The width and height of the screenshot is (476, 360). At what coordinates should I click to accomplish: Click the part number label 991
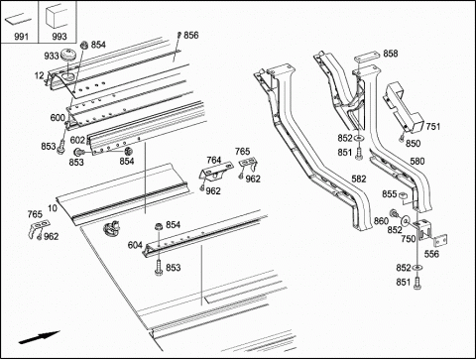point(21,37)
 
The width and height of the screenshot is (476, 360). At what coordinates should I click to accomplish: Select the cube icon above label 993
point(57,17)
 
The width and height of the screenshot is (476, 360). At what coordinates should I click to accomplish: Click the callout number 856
point(191,35)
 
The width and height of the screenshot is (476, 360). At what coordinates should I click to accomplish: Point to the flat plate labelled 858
point(366,58)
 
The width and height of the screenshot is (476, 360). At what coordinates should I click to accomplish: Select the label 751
point(433,126)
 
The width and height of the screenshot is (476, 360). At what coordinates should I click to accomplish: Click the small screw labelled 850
point(402,138)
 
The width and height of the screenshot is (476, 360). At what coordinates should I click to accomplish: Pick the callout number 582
point(359,179)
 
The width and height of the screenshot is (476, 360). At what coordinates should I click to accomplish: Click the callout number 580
point(417,162)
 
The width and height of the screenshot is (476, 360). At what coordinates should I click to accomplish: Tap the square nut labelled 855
point(402,195)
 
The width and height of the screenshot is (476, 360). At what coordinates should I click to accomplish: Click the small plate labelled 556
point(440,241)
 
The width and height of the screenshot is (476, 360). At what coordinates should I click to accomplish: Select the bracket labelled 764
point(215,172)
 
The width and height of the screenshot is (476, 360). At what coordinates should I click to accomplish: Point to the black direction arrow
point(39,337)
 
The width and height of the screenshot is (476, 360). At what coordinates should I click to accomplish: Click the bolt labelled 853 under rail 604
point(159,267)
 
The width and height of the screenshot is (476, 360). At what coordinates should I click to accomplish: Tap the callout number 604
point(135,245)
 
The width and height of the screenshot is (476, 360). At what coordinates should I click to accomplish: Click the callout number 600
point(58,118)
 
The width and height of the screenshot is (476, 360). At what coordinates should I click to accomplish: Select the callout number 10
point(53,208)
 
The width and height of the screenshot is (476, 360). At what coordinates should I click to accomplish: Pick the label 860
point(381,220)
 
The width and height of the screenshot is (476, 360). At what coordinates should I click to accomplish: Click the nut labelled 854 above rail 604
point(159,227)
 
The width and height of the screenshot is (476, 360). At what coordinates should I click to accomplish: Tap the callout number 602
point(77,140)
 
